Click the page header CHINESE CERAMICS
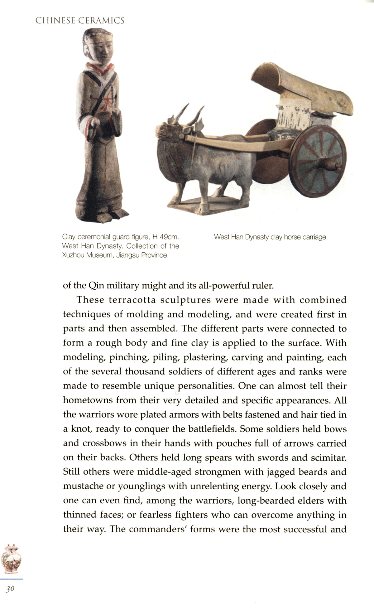tap(80, 21)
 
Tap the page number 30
tap(10, 588)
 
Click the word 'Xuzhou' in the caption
tap(74, 255)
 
